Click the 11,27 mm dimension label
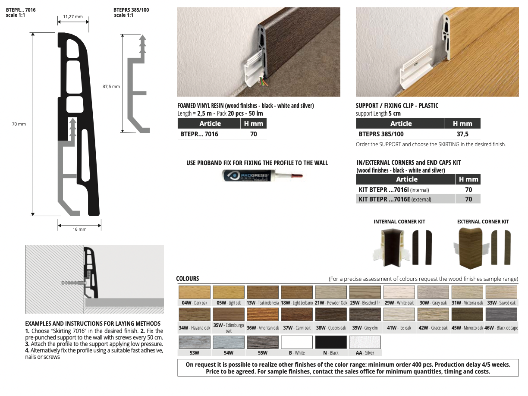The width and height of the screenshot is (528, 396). point(72,16)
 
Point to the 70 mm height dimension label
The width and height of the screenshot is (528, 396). point(19,124)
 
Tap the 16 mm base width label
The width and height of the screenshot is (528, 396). point(79,229)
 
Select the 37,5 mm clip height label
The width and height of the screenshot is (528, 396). point(111,87)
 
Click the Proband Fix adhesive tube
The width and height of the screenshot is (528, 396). point(262,176)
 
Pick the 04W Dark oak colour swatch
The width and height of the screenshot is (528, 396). point(195,292)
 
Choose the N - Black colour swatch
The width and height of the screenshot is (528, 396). point(331,342)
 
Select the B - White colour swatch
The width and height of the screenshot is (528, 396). point(297,342)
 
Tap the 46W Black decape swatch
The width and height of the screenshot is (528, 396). point(501,314)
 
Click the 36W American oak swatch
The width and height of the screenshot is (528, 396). point(263,314)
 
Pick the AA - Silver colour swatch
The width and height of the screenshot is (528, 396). point(365,342)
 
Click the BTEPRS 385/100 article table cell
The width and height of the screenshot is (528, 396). point(381,134)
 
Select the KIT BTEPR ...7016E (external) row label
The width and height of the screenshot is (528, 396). point(395,199)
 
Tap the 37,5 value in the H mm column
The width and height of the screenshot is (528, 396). point(462,134)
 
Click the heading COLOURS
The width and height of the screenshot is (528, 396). point(188,279)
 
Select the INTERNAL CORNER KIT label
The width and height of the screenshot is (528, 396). point(399,222)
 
